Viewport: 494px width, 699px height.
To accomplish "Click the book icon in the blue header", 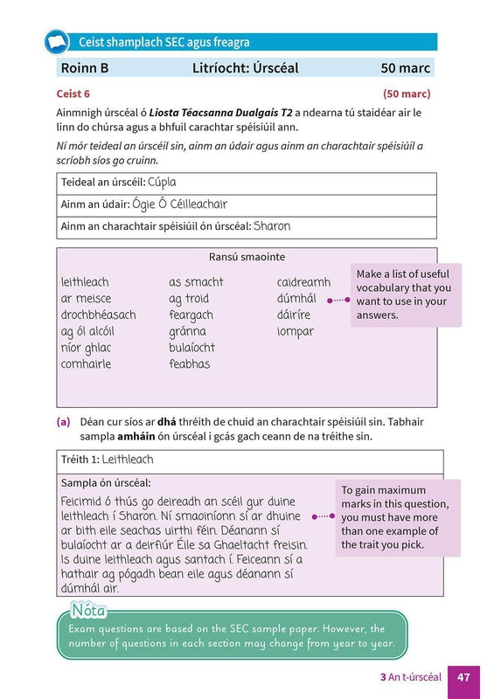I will tap(56, 41).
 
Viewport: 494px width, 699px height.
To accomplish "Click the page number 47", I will tap(463, 676).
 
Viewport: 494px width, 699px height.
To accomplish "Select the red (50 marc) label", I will tap(407, 93).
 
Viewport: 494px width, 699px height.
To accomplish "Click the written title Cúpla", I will tap(162, 183).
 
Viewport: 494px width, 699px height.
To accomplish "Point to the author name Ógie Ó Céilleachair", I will tap(179, 204).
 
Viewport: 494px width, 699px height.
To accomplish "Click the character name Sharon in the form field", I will tap(272, 226).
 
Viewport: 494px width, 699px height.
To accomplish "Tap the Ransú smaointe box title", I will tap(247, 257).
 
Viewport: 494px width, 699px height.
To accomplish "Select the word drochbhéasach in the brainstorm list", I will tap(98, 315).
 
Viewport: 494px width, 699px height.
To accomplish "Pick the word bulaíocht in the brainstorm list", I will tap(191, 348).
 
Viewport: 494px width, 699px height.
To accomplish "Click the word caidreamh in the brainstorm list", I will tap(303, 282).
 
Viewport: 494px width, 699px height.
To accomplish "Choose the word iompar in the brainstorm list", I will tap(295, 331).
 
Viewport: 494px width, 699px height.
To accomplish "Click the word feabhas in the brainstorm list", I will tap(189, 364).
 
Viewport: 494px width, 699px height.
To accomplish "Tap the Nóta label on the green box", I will tap(88, 608).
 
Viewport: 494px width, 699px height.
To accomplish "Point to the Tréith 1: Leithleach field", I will tap(107, 460).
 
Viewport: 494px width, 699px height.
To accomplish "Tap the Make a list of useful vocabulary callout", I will tap(405, 295).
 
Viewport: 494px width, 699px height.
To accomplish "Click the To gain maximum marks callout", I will tap(396, 517).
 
